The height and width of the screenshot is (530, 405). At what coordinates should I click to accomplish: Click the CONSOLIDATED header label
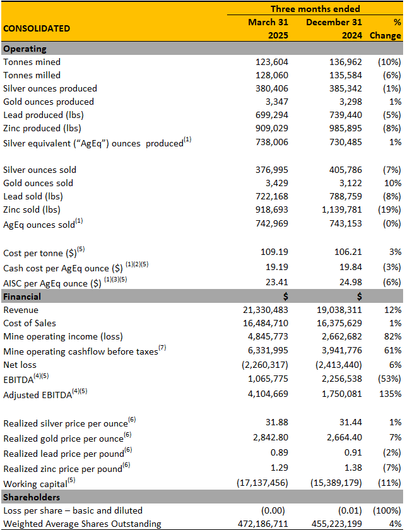[x=37, y=28]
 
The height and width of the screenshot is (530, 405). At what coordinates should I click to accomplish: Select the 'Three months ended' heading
[x=315, y=9]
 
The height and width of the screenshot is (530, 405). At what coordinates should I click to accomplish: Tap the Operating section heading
[x=25, y=49]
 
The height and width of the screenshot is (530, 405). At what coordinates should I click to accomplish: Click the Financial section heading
[x=22, y=297]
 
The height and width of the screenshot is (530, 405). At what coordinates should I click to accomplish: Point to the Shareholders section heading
[x=31, y=497]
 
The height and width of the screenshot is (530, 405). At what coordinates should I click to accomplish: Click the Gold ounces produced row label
[x=49, y=102]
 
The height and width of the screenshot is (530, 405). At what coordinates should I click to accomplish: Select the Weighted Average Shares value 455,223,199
[x=334, y=523]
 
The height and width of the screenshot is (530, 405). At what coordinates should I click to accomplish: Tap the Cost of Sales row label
[x=30, y=323]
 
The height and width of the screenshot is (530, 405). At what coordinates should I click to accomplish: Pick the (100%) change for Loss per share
[x=387, y=510]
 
